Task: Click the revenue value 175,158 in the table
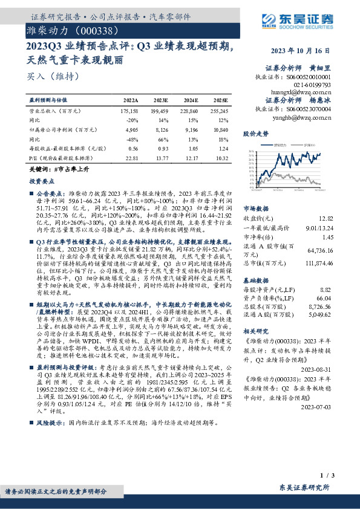[129, 111]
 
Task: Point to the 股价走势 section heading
[255, 132]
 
